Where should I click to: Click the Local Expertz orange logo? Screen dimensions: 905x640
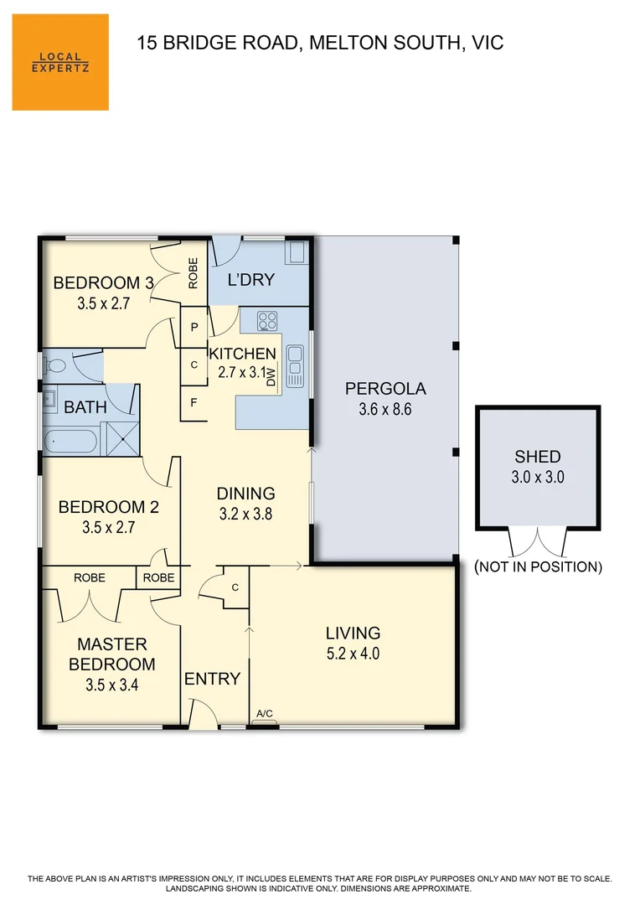tap(60, 62)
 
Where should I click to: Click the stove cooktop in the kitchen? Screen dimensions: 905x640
tap(267, 320)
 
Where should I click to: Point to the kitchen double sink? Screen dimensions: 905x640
tap(295, 366)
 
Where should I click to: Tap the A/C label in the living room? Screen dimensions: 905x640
tap(264, 714)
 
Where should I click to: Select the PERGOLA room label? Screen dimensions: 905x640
tap(385, 389)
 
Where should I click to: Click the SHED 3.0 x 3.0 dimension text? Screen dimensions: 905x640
tap(538, 478)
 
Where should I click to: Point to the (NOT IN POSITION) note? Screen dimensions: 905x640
tap(538, 567)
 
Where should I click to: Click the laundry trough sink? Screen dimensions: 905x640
tap(297, 252)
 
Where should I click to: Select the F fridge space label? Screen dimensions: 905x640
tap(194, 402)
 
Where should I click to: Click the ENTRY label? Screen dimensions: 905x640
tap(213, 679)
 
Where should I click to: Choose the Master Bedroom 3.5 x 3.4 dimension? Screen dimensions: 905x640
tap(111, 684)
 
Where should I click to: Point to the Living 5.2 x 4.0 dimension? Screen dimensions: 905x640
tap(353, 654)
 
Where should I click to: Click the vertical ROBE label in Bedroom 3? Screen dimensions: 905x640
tap(193, 273)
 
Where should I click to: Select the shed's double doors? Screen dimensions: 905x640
tap(538, 541)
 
